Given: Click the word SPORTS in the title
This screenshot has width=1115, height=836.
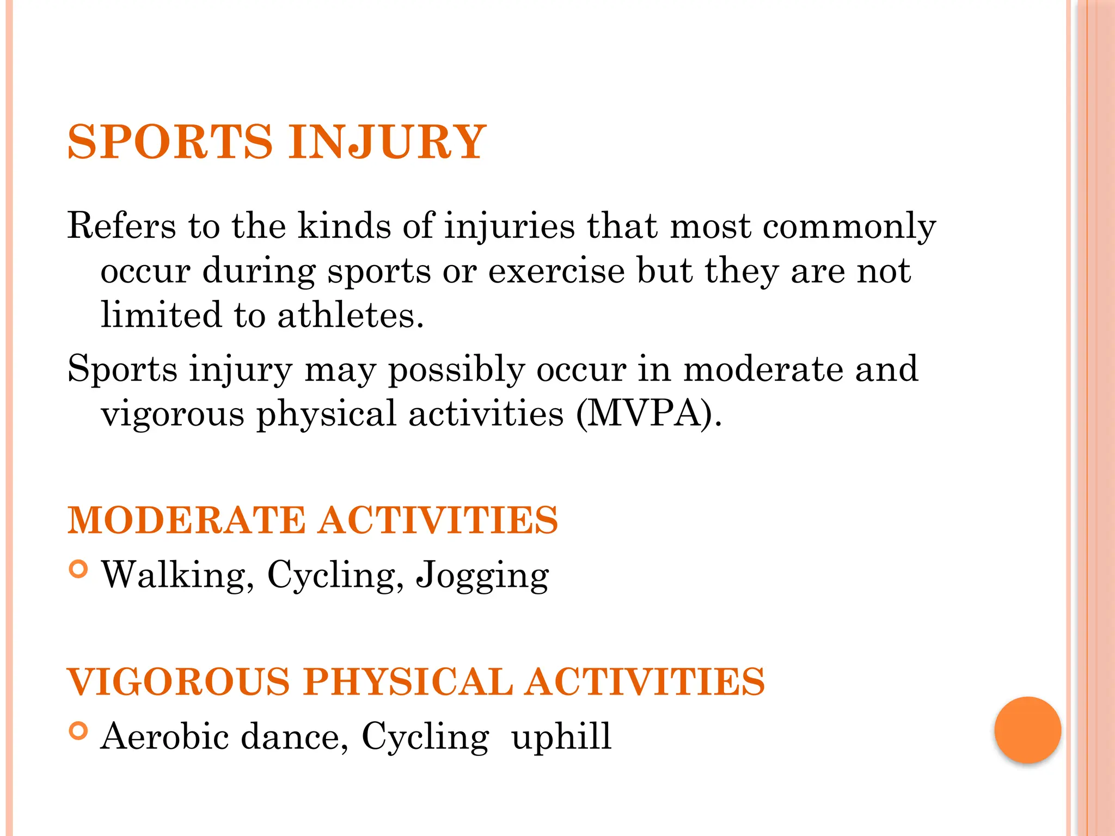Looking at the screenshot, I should (169, 142).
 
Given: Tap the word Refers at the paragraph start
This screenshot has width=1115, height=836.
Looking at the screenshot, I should (121, 225).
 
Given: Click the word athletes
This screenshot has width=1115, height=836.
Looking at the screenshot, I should (350, 315).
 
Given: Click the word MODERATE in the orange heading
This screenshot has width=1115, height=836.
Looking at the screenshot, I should (187, 520).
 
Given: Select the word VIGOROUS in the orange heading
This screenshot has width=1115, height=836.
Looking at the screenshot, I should (179, 682).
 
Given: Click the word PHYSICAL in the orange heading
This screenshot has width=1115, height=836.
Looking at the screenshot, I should (408, 682).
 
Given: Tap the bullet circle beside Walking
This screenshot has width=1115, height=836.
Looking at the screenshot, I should (79, 569).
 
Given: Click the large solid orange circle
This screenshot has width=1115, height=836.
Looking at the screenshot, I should (1027, 730).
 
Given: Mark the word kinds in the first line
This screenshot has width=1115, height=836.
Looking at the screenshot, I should (344, 225).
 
